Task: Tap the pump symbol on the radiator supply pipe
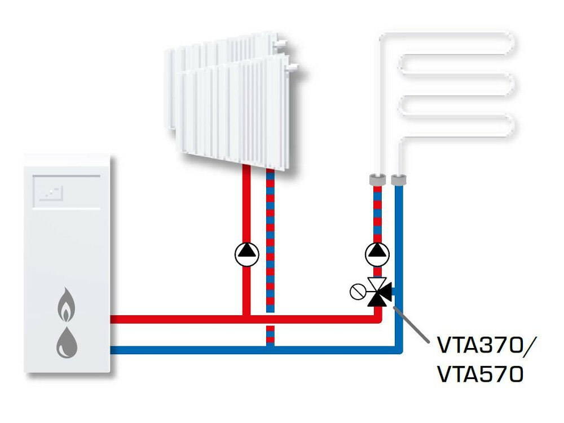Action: coord(246,254)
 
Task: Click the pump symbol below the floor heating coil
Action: coord(377,254)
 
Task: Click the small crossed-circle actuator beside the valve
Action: coord(356,292)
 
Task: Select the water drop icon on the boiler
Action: coord(67,341)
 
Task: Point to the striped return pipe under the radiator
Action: coord(270,237)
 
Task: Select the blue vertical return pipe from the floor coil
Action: coord(399,237)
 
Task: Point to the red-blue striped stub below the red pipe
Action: coord(270,335)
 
